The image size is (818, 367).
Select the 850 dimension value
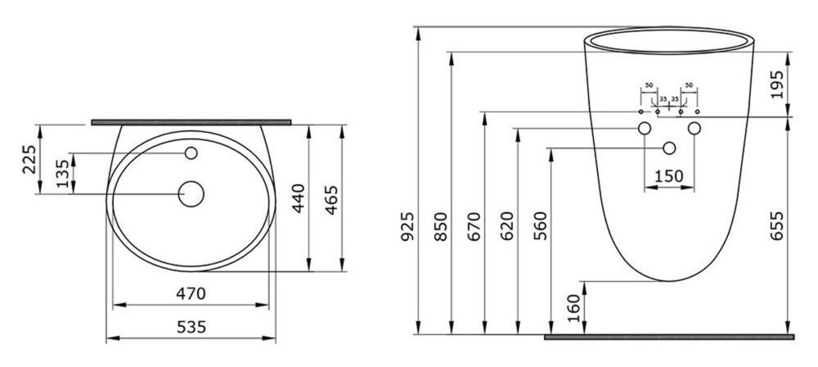(x=442, y=226)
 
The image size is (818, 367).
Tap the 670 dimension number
(x=474, y=226)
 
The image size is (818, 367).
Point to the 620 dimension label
(x=507, y=226)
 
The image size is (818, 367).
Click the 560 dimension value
(x=541, y=226)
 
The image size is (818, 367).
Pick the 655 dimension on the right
(x=777, y=226)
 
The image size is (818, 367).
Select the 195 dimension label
(x=777, y=84)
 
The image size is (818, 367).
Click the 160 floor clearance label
(x=573, y=308)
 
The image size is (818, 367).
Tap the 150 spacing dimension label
(x=669, y=177)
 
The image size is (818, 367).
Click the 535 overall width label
(x=191, y=328)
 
